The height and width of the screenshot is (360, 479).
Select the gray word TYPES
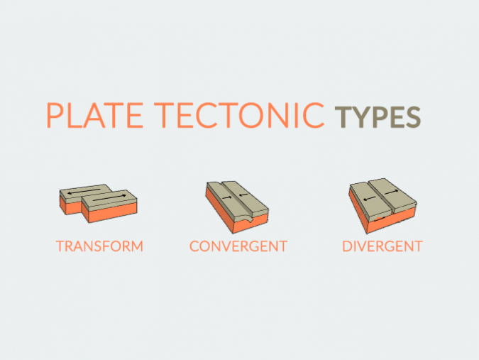pos(378,117)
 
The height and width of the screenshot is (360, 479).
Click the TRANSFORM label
pos(100,247)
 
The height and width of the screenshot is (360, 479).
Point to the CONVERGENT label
pos(238,247)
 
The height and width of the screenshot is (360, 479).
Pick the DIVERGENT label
pos(382,247)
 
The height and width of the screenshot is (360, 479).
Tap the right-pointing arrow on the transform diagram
pos(113,198)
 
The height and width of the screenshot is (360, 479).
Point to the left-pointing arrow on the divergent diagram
pos(368,198)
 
